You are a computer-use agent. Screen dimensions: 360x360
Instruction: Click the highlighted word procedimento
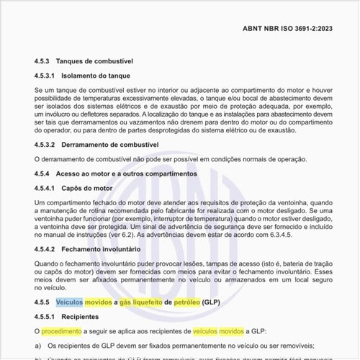(x=60, y=331)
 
